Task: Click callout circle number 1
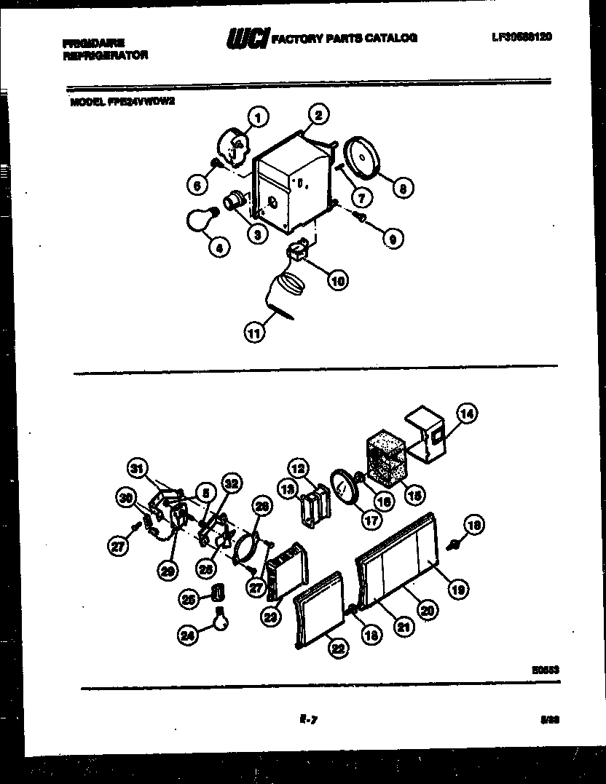[x=257, y=116]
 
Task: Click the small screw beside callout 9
[x=360, y=216]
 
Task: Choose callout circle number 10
[x=336, y=280]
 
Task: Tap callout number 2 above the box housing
[x=318, y=114]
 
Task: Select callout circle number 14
[x=467, y=414]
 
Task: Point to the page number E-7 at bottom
[x=307, y=720]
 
